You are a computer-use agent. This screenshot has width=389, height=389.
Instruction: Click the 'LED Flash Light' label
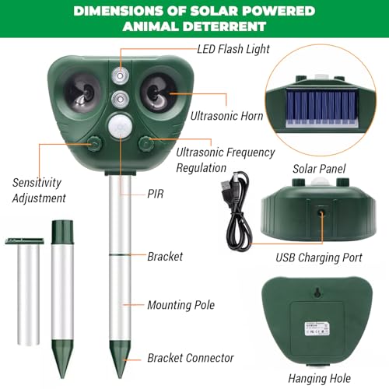pos(233,49)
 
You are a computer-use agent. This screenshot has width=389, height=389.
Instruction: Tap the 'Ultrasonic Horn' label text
pos(226,116)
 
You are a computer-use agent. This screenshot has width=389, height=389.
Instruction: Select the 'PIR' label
pos(156,194)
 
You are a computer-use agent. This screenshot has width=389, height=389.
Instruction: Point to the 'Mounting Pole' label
pos(181,305)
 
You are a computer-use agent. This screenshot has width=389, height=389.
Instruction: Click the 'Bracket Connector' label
pos(191,358)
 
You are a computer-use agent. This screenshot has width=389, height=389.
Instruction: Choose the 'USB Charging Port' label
pos(319,258)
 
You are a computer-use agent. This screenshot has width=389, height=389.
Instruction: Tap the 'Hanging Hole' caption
pos(320,378)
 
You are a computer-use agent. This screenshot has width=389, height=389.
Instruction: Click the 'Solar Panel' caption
pos(319,169)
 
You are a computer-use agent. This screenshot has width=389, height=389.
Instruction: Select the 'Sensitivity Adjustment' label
pos(39,191)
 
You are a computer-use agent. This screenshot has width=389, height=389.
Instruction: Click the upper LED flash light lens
pos(120,76)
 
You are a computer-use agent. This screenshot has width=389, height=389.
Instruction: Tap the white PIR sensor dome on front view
pos(120,126)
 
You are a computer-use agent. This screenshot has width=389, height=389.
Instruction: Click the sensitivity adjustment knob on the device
pos(94,143)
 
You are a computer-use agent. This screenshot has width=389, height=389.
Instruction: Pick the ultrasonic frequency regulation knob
pos(145,143)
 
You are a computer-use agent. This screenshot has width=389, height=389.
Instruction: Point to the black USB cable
pos(237,212)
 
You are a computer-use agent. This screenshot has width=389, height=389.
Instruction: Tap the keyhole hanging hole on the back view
pos(317,293)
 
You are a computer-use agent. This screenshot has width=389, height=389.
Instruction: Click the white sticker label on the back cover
pos(317,329)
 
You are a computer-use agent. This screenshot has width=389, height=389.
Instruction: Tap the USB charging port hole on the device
pos(321,212)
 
